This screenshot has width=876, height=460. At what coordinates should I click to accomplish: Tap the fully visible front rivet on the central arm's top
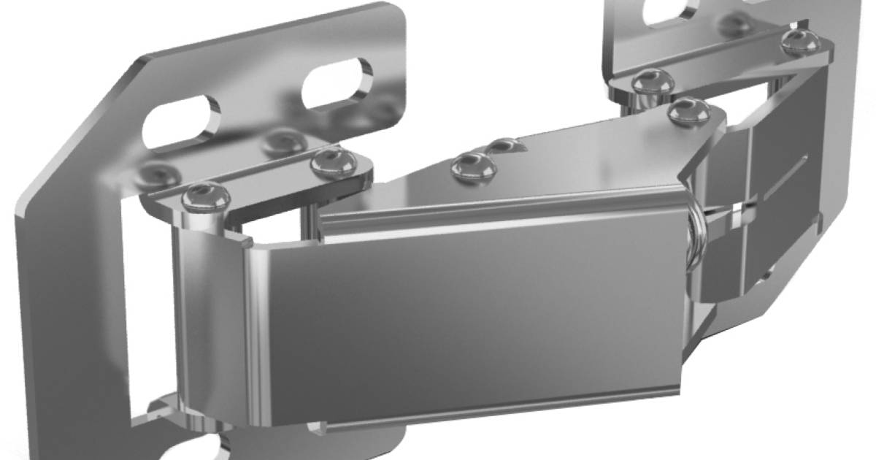pos(474,166)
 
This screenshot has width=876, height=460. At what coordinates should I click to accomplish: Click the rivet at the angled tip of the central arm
pos(688,111)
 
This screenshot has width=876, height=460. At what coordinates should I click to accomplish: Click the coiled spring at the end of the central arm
pos(697,234)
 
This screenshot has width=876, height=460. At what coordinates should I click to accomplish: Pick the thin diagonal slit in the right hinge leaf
pos(785,179)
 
